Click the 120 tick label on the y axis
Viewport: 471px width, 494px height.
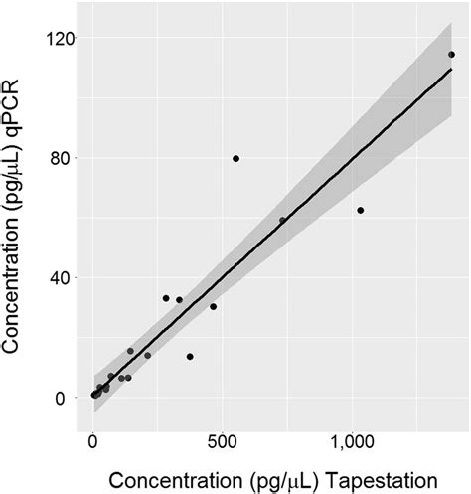click(x=59, y=38)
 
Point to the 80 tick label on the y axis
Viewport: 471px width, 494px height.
click(x=63, y=158)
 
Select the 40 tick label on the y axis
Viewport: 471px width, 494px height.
click(x=63, y=277)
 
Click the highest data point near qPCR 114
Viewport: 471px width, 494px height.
click(x=451, y=55)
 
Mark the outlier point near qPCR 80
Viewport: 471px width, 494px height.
click(x=235, y=158)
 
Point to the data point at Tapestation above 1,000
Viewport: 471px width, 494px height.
click(x=360, y=210)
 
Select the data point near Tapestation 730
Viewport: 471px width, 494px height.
click(x=282, y=220)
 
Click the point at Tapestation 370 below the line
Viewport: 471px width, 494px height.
click(x=190, y=356)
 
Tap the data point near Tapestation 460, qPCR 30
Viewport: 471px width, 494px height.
click(x=213, y=306)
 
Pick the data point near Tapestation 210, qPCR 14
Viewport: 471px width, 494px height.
click(x=147, y=355)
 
